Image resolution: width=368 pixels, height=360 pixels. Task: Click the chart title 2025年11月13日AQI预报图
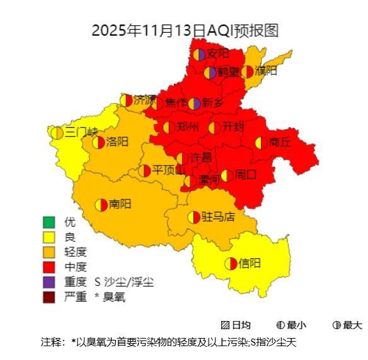[x=185, y=30]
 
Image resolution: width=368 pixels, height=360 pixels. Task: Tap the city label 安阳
[x=218, y=53]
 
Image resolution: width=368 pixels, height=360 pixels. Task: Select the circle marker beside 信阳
[x=231, y=264]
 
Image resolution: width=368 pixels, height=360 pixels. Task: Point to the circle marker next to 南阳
[x=101, y=205]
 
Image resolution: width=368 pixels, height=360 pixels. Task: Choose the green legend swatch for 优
[x=49, y=222]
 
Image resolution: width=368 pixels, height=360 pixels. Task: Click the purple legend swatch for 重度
[x=49, y=282]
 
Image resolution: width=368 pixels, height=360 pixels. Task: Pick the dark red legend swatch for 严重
[x=49, y=297]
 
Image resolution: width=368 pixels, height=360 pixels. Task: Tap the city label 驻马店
[x=218, y=217]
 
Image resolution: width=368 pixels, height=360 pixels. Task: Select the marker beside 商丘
[x=261, y=143]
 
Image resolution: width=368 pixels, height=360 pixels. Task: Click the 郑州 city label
[x=188, y=127]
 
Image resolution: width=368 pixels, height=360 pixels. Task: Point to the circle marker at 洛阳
[x=98, y=142]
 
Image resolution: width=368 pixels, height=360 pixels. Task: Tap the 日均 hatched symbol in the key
[x=225, y=325]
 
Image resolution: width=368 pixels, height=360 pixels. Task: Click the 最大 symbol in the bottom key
[x=337, y=325]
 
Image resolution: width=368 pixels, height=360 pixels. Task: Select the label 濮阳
[x=266, y=70]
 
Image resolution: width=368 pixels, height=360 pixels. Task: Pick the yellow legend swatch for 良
[x=49, y=237]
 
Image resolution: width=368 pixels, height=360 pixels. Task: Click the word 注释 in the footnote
[x=52, y=342]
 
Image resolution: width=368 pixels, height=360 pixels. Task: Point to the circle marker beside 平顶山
[x=145, y=171]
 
